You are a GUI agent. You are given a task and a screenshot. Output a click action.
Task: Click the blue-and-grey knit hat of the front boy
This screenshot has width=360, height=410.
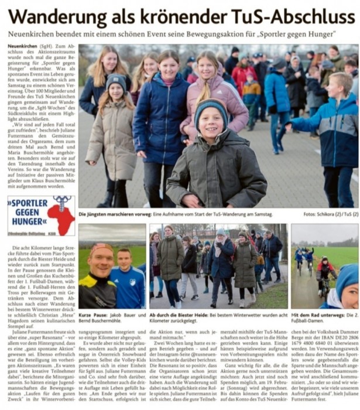click(211, 108)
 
